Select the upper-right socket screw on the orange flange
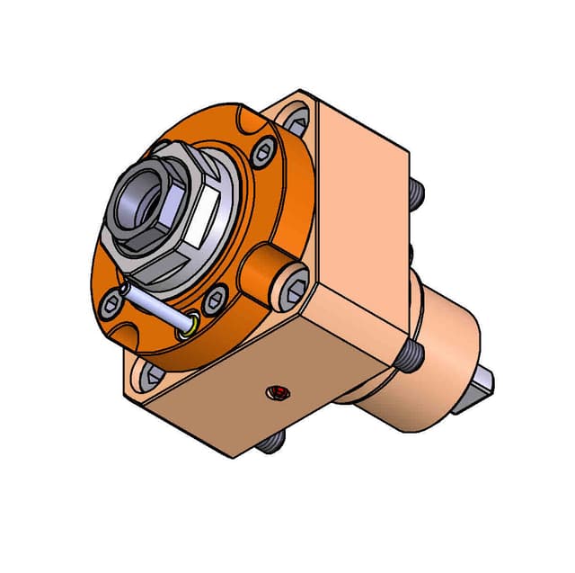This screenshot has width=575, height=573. click(261, 153)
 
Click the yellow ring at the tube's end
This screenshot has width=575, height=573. click(188, 325)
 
